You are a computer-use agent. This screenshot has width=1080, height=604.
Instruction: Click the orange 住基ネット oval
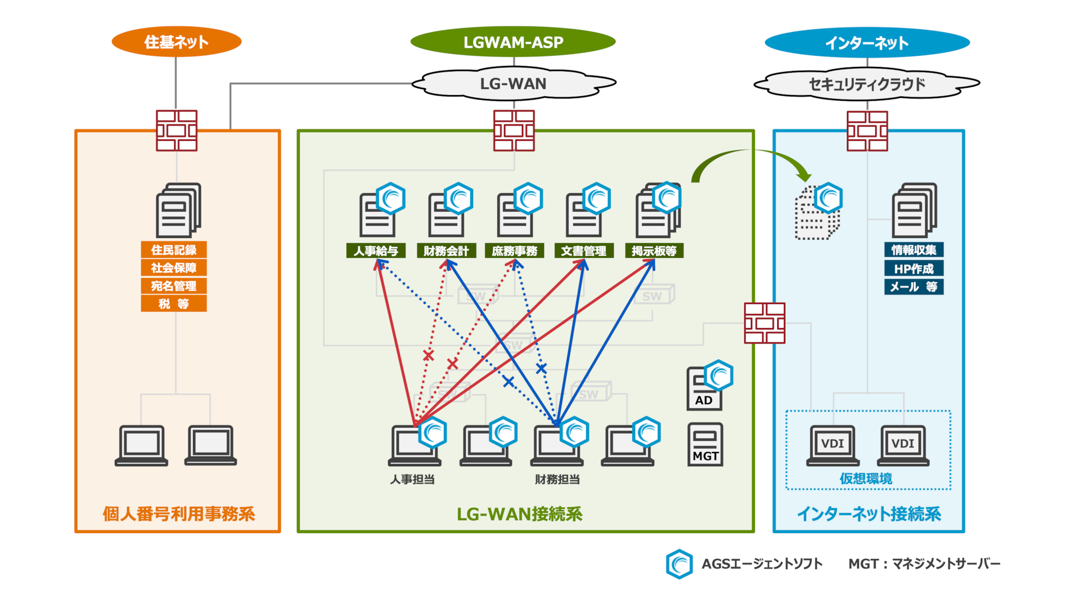tap(176, 42)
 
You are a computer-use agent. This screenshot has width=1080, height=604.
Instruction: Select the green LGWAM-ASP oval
tap(513, 42)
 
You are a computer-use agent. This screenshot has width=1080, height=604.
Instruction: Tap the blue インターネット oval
tap(867, 43)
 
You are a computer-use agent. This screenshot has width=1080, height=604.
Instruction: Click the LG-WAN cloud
tap(513, 84)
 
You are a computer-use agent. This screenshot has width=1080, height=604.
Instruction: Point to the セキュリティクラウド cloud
tap(867, 84)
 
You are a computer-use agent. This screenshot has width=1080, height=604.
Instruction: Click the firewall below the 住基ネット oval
tap(177, 131)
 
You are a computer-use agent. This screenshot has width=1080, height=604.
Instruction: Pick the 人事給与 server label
tap(376, 251)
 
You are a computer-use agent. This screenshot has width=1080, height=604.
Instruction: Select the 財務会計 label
tap(446, 251)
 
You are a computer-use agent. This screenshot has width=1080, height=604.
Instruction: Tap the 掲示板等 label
tap(654, 251)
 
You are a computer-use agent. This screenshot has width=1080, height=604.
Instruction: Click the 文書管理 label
tap(584, 251)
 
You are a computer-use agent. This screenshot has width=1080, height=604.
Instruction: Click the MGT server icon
tap(705, 445)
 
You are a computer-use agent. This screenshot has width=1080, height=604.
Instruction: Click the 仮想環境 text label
tap(866, 478)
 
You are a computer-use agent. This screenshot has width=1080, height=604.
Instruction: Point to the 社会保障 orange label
tap(174, 268)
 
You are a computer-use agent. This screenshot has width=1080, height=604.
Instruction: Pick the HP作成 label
tap(913, 269)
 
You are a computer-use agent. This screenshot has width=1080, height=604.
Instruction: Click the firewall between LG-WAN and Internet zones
tap(764, 323)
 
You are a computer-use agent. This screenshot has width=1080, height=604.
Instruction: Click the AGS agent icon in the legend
tap(679, 564)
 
